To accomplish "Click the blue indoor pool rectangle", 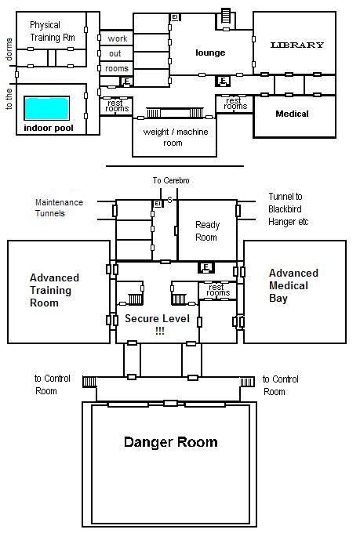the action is [x=46, y=108].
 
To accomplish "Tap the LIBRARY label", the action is [x=296, y=45].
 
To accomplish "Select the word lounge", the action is [x=210, y=53].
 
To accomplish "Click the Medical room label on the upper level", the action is [x=292, y=114].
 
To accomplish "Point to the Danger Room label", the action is [x=170, y=442].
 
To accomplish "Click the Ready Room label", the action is [x=207, y=230].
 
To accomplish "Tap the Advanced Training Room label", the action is [x=54, y=290].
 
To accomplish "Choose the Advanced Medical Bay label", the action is [x=293, y=285].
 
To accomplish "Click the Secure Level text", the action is [x=157, y=318].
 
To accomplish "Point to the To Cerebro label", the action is [x=171, y=180].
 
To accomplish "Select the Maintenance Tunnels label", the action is [x=59, y=208].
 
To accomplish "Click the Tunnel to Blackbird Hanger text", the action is [x=288, y=209].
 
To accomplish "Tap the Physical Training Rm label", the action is [x=52, y=31].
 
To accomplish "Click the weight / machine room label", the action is [x=175, y=137].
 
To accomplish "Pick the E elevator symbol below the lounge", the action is [x=223, y=81].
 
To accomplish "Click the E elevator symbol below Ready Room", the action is [x=205, y=268].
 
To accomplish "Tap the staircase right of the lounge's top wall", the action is [x=226, y=16].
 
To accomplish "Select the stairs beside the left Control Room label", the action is [x=89, y=382].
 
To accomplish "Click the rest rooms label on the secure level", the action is [x=218, y=289].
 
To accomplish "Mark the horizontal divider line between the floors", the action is [x=175, y=166].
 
